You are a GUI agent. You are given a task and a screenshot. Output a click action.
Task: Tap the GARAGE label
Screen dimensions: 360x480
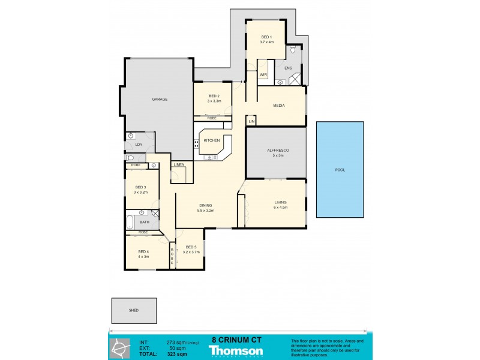click(159, 99)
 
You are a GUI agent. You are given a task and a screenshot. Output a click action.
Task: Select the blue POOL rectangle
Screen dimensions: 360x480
click(340, 170)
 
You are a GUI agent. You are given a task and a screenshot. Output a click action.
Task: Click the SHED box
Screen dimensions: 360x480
click(134, 310)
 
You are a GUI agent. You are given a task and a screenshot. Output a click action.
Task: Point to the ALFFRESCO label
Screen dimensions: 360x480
click(277, 152)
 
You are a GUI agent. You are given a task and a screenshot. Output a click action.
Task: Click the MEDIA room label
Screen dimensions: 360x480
click(278, 106)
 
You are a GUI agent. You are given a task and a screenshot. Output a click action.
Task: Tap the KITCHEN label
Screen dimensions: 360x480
click(212, 140)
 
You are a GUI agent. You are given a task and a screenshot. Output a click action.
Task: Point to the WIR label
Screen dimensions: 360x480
click(263, 74)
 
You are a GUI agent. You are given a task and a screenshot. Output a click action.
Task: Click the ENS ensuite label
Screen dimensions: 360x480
click(288, 68)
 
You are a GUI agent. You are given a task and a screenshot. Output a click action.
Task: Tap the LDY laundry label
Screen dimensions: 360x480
click(139, 145)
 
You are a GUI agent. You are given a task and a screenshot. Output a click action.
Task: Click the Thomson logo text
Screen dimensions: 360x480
click(236, 351)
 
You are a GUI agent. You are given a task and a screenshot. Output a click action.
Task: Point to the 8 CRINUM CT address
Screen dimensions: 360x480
click(236, 339)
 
